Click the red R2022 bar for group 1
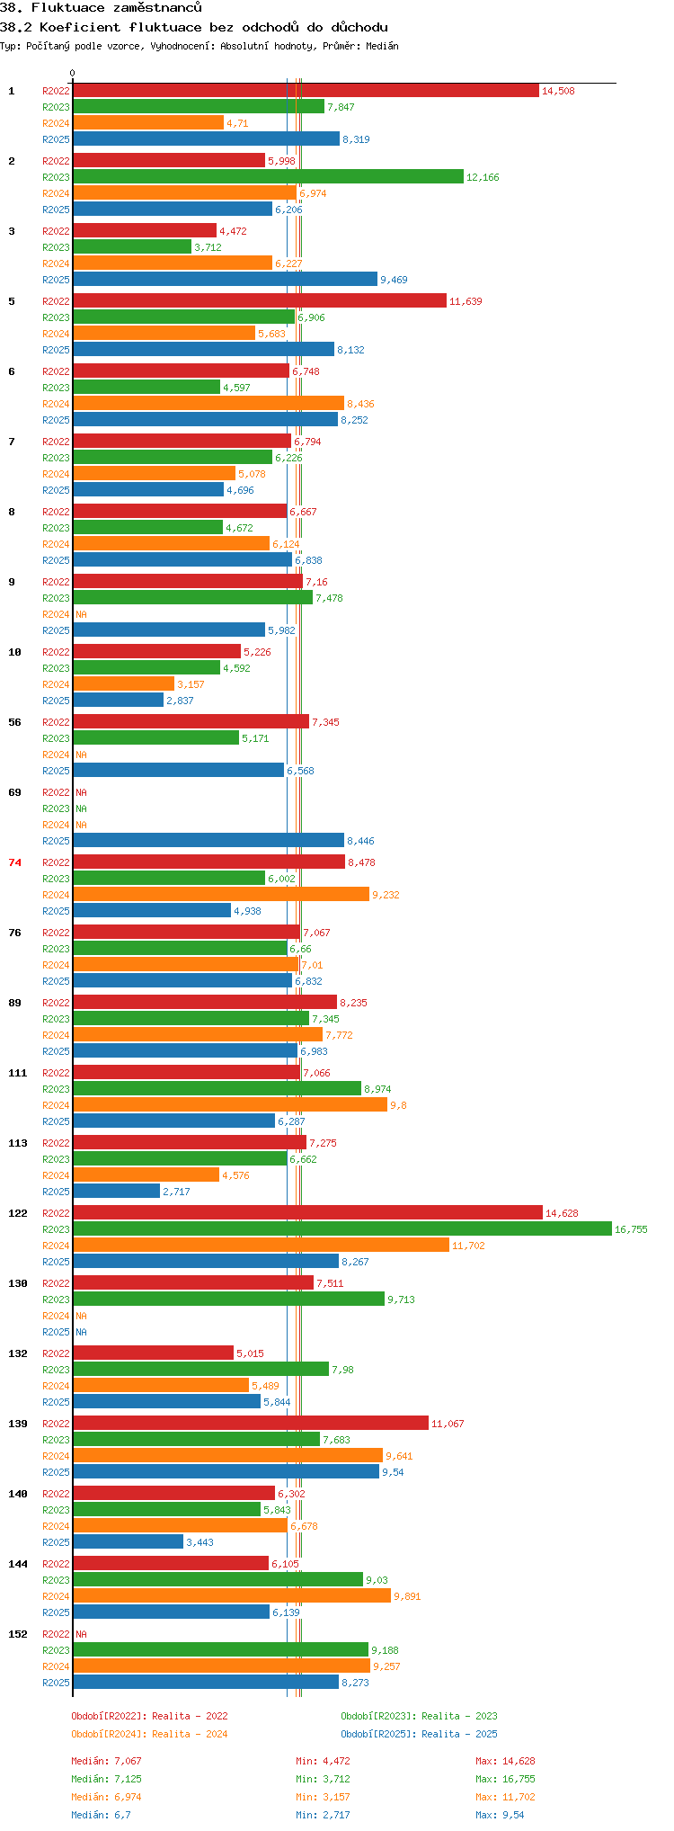[x=306, y=91]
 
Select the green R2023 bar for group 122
[x=341, y=1229]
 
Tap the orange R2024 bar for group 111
[x=229, y=1105]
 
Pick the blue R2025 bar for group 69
[x=208, y=841]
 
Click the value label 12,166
[x=483, y=177]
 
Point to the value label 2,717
[x=176, y=1192]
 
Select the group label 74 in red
[x=14, y=862]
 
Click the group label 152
[x=18, y=1634]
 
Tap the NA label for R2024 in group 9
[x=81, y=614]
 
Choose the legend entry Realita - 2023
[x=419, y=1716]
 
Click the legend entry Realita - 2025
[x=419, y=1734]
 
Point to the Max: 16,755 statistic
[x=505, y=1779]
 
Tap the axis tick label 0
[x=73, y=74]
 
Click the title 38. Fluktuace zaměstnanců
[x=101, y=8]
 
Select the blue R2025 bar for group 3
[x=225, y=280]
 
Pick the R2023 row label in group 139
[x=56, y=1440]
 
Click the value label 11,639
[x=466, y=301]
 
